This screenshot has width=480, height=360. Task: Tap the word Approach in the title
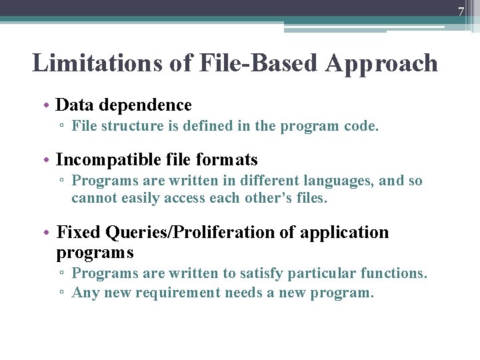click(381, 63)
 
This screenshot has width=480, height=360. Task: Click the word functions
click(393, 273)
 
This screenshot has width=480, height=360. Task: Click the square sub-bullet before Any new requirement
click(61, 293)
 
